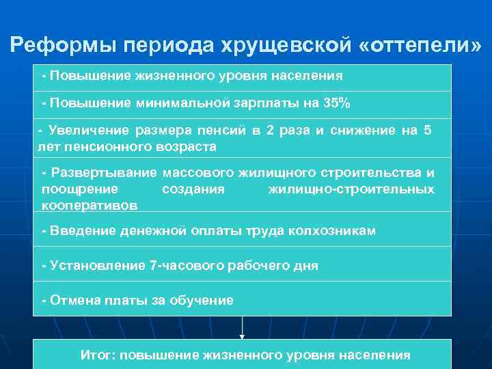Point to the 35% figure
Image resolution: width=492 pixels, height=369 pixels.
[x=336, y=103]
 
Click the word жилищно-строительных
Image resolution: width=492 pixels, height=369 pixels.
[x=351, y=189]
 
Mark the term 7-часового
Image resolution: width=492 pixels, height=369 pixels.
[x=180, y=265]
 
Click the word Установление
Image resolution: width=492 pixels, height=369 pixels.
[x=98, y=265]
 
